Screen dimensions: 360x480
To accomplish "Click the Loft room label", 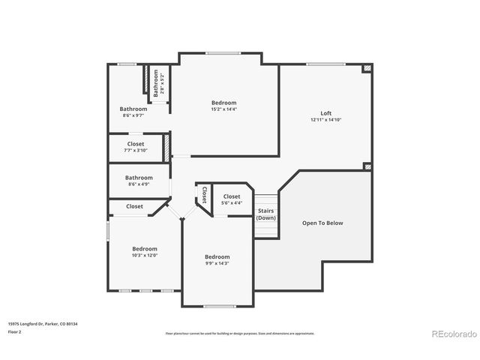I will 326,112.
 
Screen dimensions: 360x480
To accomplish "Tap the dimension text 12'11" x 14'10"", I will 326,120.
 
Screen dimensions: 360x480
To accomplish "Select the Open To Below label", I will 322,223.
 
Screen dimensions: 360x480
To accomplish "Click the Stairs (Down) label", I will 265,214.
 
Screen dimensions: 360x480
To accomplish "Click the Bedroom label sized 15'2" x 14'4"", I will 223,103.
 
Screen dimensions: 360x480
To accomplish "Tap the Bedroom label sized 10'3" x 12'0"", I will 145,248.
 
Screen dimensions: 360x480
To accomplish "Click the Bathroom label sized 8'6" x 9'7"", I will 133,109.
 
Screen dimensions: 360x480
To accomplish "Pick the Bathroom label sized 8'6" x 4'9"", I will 139,178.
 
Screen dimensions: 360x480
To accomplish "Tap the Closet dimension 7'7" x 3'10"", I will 136,151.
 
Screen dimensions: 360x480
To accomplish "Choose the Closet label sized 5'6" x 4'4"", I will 232,196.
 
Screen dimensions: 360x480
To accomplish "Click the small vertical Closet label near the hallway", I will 203,195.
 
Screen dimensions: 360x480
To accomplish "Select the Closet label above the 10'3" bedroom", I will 135,206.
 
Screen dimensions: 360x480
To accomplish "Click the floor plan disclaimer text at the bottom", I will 239,333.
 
